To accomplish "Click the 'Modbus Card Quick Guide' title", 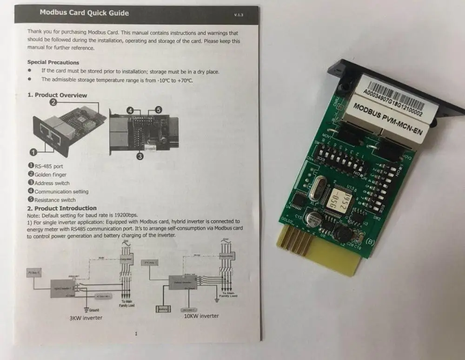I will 84,13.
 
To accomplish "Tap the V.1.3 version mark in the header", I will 239,15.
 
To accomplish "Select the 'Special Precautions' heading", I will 53,62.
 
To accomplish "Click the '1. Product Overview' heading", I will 57,95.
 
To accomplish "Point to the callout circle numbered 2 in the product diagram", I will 53,102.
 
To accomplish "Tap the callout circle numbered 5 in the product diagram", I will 158,110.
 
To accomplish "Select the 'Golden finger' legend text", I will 50,175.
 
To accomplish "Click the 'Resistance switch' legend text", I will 54,200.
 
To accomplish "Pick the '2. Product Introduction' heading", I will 62,208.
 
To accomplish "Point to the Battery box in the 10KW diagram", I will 163,309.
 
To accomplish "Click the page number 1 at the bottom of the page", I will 136,334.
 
